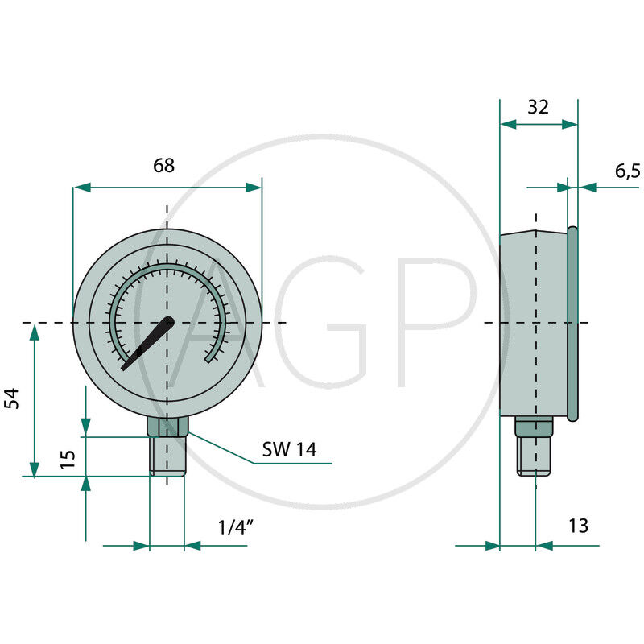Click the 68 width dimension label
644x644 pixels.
point(163,166)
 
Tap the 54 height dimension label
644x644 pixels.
point(12,398)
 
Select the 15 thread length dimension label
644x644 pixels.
point(68,459)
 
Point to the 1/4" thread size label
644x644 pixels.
point(235,527)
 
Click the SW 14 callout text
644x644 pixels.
point(290,449)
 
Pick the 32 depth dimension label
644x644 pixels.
point(538,107)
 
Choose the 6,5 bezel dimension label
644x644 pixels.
point(628,171)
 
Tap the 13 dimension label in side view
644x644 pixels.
point(578,526)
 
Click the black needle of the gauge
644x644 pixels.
point(148,344)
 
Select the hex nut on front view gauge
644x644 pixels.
point(167,427)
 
